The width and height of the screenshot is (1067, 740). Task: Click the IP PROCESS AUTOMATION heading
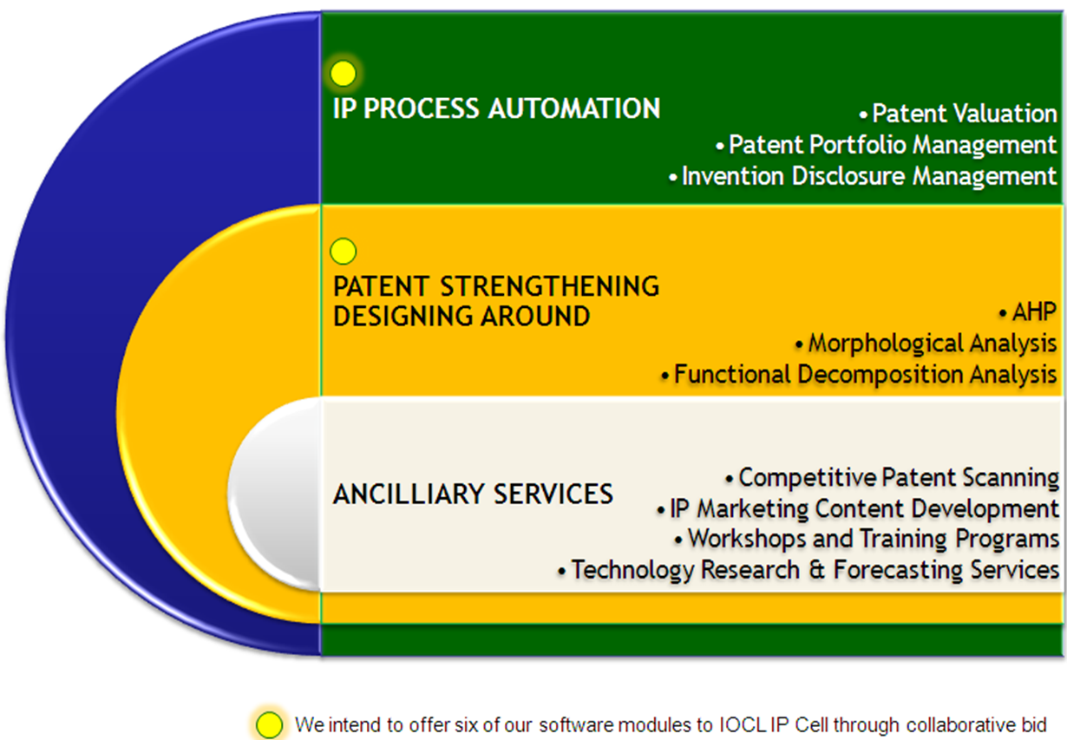click(497, 109)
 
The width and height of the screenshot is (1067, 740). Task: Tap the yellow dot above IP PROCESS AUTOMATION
click(344, 74)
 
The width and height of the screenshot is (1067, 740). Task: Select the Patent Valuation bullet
click(963, 114)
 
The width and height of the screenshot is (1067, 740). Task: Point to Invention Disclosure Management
click(867, 176)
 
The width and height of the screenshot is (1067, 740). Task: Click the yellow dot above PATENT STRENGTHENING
click(344, 252)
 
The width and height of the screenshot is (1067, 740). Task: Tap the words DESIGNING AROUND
click(461, 317)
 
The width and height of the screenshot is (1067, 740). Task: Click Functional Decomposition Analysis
click(864, 375)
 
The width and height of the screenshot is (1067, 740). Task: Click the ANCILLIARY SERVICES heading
click(473, 494)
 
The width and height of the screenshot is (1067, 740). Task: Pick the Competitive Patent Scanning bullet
click(898, 478)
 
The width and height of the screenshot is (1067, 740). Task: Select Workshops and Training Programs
click(873, 539)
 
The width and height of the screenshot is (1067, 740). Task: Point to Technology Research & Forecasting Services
click(814, 570)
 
